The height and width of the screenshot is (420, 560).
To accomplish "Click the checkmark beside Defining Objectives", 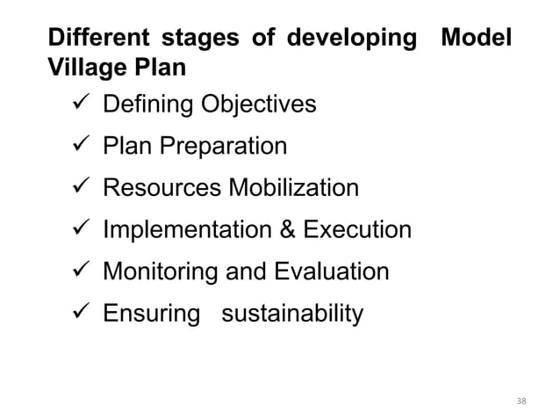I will [x=76, y=105].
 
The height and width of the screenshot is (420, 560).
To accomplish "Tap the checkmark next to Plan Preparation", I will [x=76, y=146].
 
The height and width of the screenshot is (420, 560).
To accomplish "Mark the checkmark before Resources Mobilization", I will [x=76, y=188].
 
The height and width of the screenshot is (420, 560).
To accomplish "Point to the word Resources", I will [x=162, y=188].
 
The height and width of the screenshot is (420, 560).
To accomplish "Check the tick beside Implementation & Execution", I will [x=76, y=230].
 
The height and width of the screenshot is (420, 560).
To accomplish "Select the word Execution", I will [x=356, y=230].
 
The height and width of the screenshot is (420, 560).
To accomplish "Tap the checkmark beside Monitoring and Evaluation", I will [x=76, y=272].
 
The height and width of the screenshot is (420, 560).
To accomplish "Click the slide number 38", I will [x=522, y=402].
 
